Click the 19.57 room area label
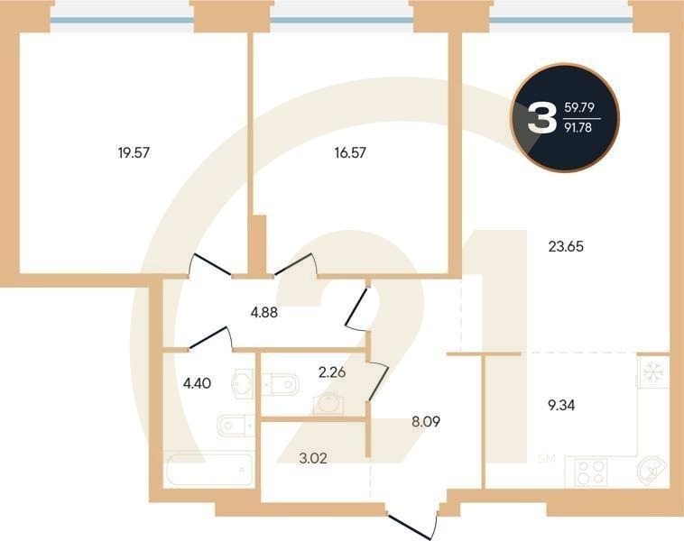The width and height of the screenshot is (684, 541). point(134,152)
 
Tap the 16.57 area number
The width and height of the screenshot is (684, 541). point(350,152)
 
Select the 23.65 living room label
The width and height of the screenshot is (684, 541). point(567,244)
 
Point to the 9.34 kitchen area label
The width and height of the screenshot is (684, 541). point(561,404)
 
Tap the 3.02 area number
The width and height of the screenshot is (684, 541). point(314,457)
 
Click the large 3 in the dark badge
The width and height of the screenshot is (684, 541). point(541,118)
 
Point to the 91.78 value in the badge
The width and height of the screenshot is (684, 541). point(578,129)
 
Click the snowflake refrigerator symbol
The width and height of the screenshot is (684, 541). point(652,371)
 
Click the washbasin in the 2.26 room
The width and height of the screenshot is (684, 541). point(326,403)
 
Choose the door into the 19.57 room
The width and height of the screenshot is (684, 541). point(209,266)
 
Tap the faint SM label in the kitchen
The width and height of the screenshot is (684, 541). point(547,459)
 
